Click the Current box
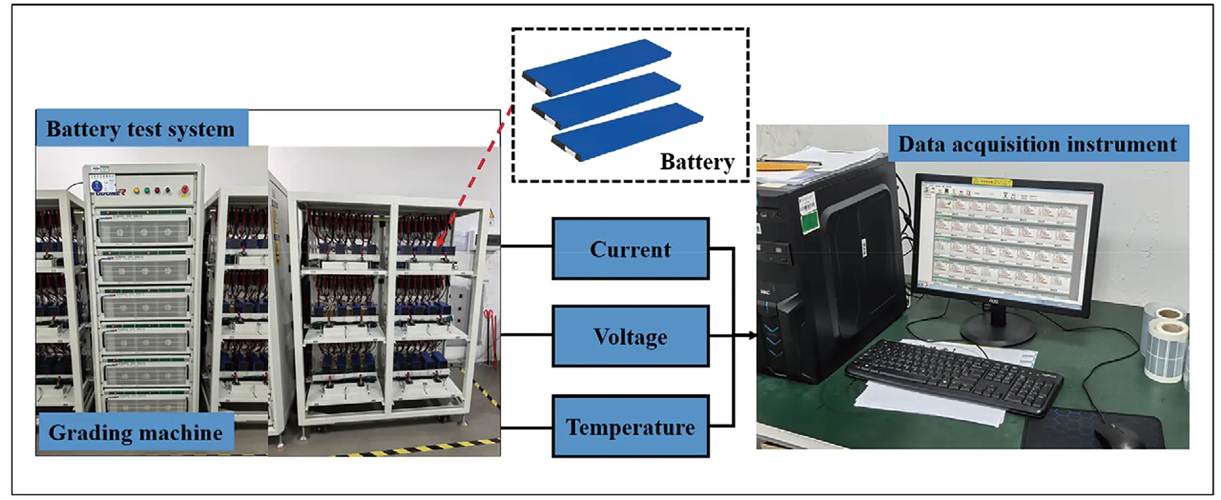[x=630, y=249]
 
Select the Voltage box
[x=630, y=337]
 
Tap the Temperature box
[x=630, y=427]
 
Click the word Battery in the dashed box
[x=697, y=161]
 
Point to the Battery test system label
[x=141, y=129]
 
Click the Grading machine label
[x=136, y=433]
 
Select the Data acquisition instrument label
[x=1037, y=143]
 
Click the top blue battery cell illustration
[x=598, y=65]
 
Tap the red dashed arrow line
[x=479, y=174]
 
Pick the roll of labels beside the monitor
[x=1166, y=347]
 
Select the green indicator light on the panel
[x=147, y=190]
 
